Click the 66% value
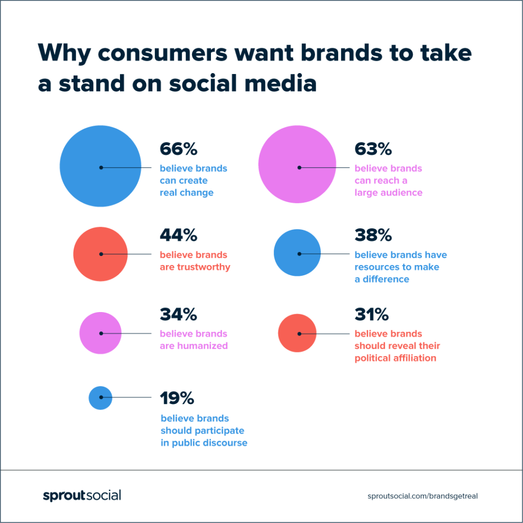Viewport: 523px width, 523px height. point(178,149)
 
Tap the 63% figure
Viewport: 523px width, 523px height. point(373,149)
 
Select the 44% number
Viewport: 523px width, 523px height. point(178,235)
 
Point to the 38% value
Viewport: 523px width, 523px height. point(373,235)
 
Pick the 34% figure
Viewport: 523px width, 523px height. point(178,315)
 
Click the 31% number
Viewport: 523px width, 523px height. point(372,315)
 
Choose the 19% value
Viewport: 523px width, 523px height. point(177,398)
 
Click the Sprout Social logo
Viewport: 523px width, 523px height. point(82,495)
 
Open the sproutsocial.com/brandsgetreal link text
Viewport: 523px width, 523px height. point(422,496)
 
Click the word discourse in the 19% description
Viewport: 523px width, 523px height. point(223,443)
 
